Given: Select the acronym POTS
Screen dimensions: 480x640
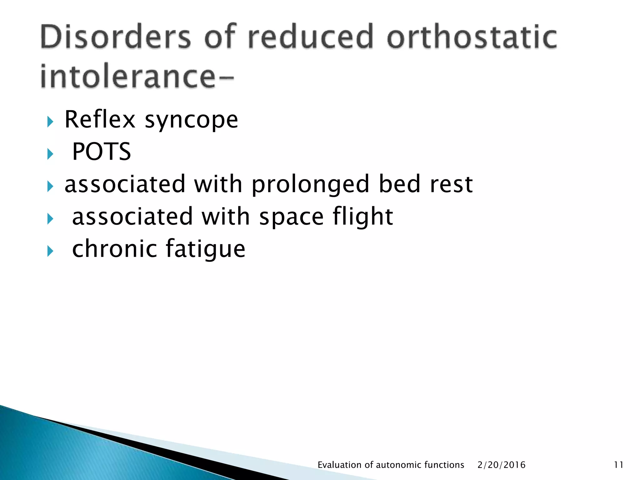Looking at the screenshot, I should (x=102, y=152).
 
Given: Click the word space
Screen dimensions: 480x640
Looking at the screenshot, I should (x=291, y=217).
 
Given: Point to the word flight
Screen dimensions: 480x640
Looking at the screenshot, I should (x=362, y=217).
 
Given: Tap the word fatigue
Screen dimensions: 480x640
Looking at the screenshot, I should (x=205, y=249).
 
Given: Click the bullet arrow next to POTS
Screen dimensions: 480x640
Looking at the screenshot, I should (x=50, y=154).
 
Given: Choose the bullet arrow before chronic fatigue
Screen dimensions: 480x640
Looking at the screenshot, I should (x=50, y=251).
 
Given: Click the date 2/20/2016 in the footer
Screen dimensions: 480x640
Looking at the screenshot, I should (x=501, y=465).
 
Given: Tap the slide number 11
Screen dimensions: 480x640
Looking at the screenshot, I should (x=618, y=465).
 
